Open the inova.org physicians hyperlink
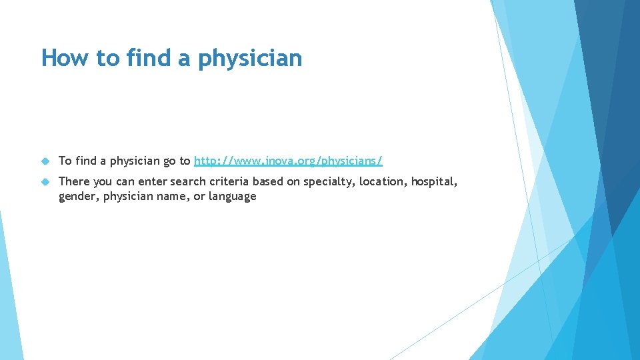tap(288, 161)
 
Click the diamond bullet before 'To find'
tap(45, 161)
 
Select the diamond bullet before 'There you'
tap(45, 181)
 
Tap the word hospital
tap(434, 181)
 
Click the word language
tap(232, 196)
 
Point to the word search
tap(186, 181)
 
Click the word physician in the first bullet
tap(134, 161)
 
